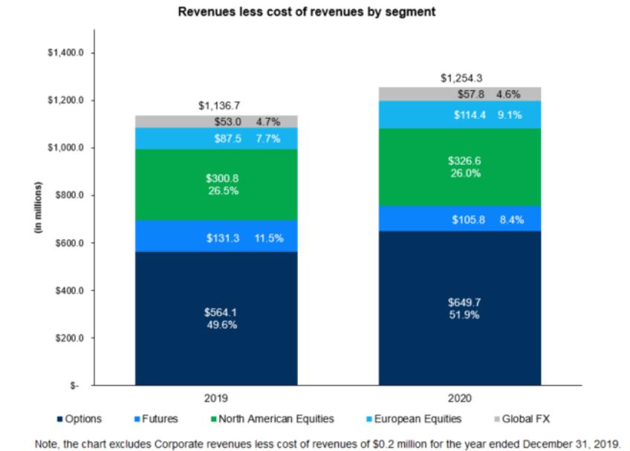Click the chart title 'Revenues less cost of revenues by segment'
pyautogui.click(x=307, y=12)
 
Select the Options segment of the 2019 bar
pyautogui.click(x=216, y=318)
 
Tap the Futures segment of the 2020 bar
pyautogui.click(x=460, y=218)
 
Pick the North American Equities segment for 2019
pyautogui.click(x=216, y=185)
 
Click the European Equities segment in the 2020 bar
pyautogui.click(x=460, y=115)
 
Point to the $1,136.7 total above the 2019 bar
pyautogui.click(x=219, y=106)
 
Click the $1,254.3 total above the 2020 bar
pyautogui.click(x=461, y=78)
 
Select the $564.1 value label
pyautogui.click(x=220, y=312)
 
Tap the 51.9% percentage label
pyautogui.click(x=464, y=315)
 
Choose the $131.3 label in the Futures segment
pyautogui.click(x=223, y=238)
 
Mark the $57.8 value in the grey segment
pyautogui.click(x=470, y=94)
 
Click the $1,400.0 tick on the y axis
pyautogui.click(x=65, y=53)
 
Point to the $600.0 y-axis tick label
pyautogui.click(x=70, y=243)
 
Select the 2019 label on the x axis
pyautogui.click(x=215, y=398)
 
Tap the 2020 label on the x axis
pyautogui.click(x=460, y=398)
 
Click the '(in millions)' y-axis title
pyautogui.click(x=38, y=207)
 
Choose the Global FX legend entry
pyautogui.click(x=522, y=419)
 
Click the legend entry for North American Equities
pyautogui.click(x=273, y=419)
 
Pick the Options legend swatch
pyautogui.click(x=60, y=419)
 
